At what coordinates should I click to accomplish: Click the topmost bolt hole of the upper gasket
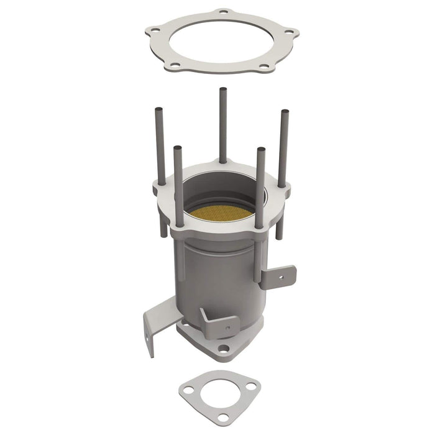[x=222, y=12]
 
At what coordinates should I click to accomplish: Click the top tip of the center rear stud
[x=222, y=90]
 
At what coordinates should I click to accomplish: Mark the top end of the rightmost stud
[x=285, y=112]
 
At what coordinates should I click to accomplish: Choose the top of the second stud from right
[x=260, y=150]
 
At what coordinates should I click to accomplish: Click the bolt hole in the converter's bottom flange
[x=223, y=349]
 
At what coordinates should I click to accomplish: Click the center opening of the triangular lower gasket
[x=219, y=393]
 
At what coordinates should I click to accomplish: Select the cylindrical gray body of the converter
[x=217, y=273]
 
